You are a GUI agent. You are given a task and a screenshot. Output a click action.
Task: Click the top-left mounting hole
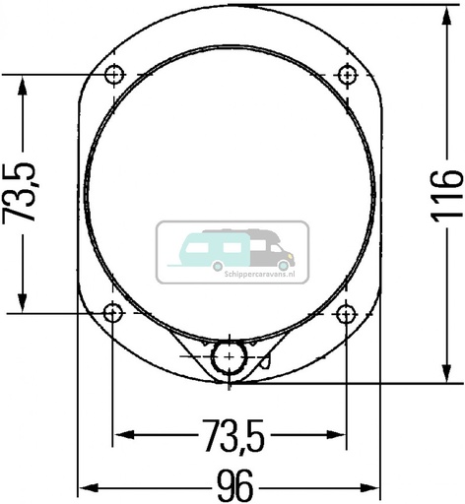[115, 75]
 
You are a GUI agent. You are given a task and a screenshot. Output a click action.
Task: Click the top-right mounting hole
[346, 75]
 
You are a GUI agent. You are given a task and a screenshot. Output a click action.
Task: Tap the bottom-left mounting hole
[115, 313]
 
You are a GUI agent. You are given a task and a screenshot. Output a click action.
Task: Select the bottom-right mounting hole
[346, 313]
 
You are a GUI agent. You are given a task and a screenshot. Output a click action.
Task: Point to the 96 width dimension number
[232, 484]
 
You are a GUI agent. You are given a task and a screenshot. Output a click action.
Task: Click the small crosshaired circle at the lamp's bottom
[230, 355]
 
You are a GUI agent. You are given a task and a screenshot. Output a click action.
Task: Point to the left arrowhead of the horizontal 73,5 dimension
[123, 434]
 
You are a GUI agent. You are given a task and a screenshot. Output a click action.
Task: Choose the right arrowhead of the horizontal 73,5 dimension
[338, 434]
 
